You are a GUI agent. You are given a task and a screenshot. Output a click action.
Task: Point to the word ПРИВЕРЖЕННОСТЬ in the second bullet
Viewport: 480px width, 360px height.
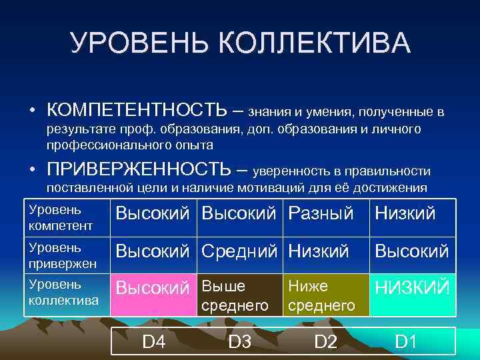tap(137, 170)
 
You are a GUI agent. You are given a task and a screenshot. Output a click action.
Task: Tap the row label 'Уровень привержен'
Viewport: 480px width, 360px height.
tap(63, 255)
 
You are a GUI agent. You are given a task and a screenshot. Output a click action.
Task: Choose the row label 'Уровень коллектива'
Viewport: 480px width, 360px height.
tap(64, 293)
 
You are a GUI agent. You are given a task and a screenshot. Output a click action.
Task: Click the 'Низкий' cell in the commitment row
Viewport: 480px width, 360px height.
tap(319, 251)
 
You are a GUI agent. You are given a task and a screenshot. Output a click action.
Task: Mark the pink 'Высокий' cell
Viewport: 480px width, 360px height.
tap(153, 293)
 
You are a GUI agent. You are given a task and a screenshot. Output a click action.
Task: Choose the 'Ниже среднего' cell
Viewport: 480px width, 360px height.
tap(324, 295)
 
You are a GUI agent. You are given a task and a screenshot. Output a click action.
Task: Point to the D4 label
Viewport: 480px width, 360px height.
tap(154, 342)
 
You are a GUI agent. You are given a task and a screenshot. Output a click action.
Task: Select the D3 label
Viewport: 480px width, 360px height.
tap(239, 342)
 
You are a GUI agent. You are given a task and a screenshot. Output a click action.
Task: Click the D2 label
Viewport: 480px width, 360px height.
tap(325, 342)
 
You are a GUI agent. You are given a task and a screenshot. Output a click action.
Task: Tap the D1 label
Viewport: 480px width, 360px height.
tap(405, 342)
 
